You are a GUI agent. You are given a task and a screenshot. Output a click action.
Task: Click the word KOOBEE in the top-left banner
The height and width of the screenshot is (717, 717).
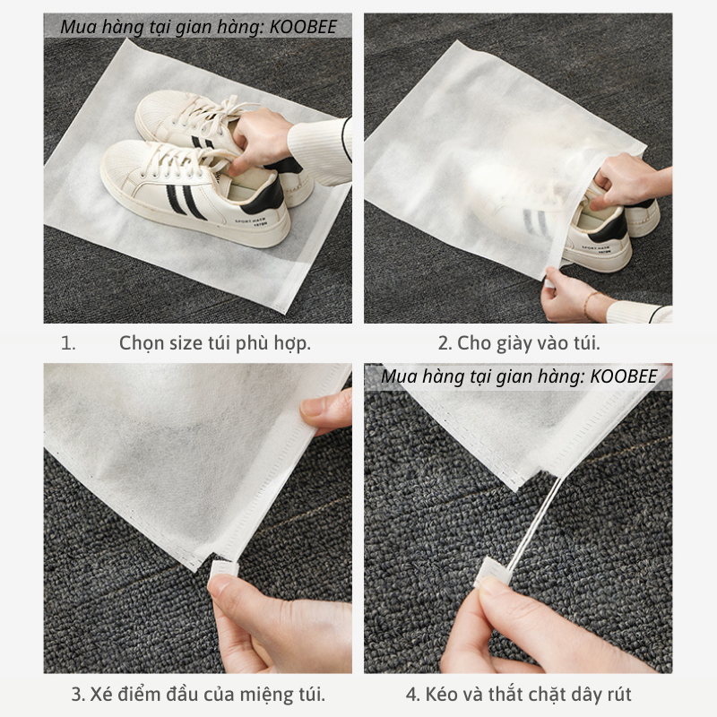point(303,27)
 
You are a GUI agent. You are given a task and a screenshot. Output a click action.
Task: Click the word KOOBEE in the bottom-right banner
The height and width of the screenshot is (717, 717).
point(623,376)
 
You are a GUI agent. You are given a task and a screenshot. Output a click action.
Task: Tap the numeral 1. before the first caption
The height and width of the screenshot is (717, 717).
point(68,343)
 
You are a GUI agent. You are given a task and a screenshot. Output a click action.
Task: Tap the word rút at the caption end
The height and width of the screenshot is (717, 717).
point(619,694)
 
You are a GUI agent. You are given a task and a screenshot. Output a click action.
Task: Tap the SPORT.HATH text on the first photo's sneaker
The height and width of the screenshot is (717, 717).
point(251,222)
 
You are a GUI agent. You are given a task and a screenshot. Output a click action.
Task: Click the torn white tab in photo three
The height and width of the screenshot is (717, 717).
point(223,568)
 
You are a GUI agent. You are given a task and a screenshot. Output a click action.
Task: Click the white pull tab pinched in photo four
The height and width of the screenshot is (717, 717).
point(491,574)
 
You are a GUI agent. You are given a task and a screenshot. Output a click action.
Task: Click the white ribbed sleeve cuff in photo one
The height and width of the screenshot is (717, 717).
point(320,151)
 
